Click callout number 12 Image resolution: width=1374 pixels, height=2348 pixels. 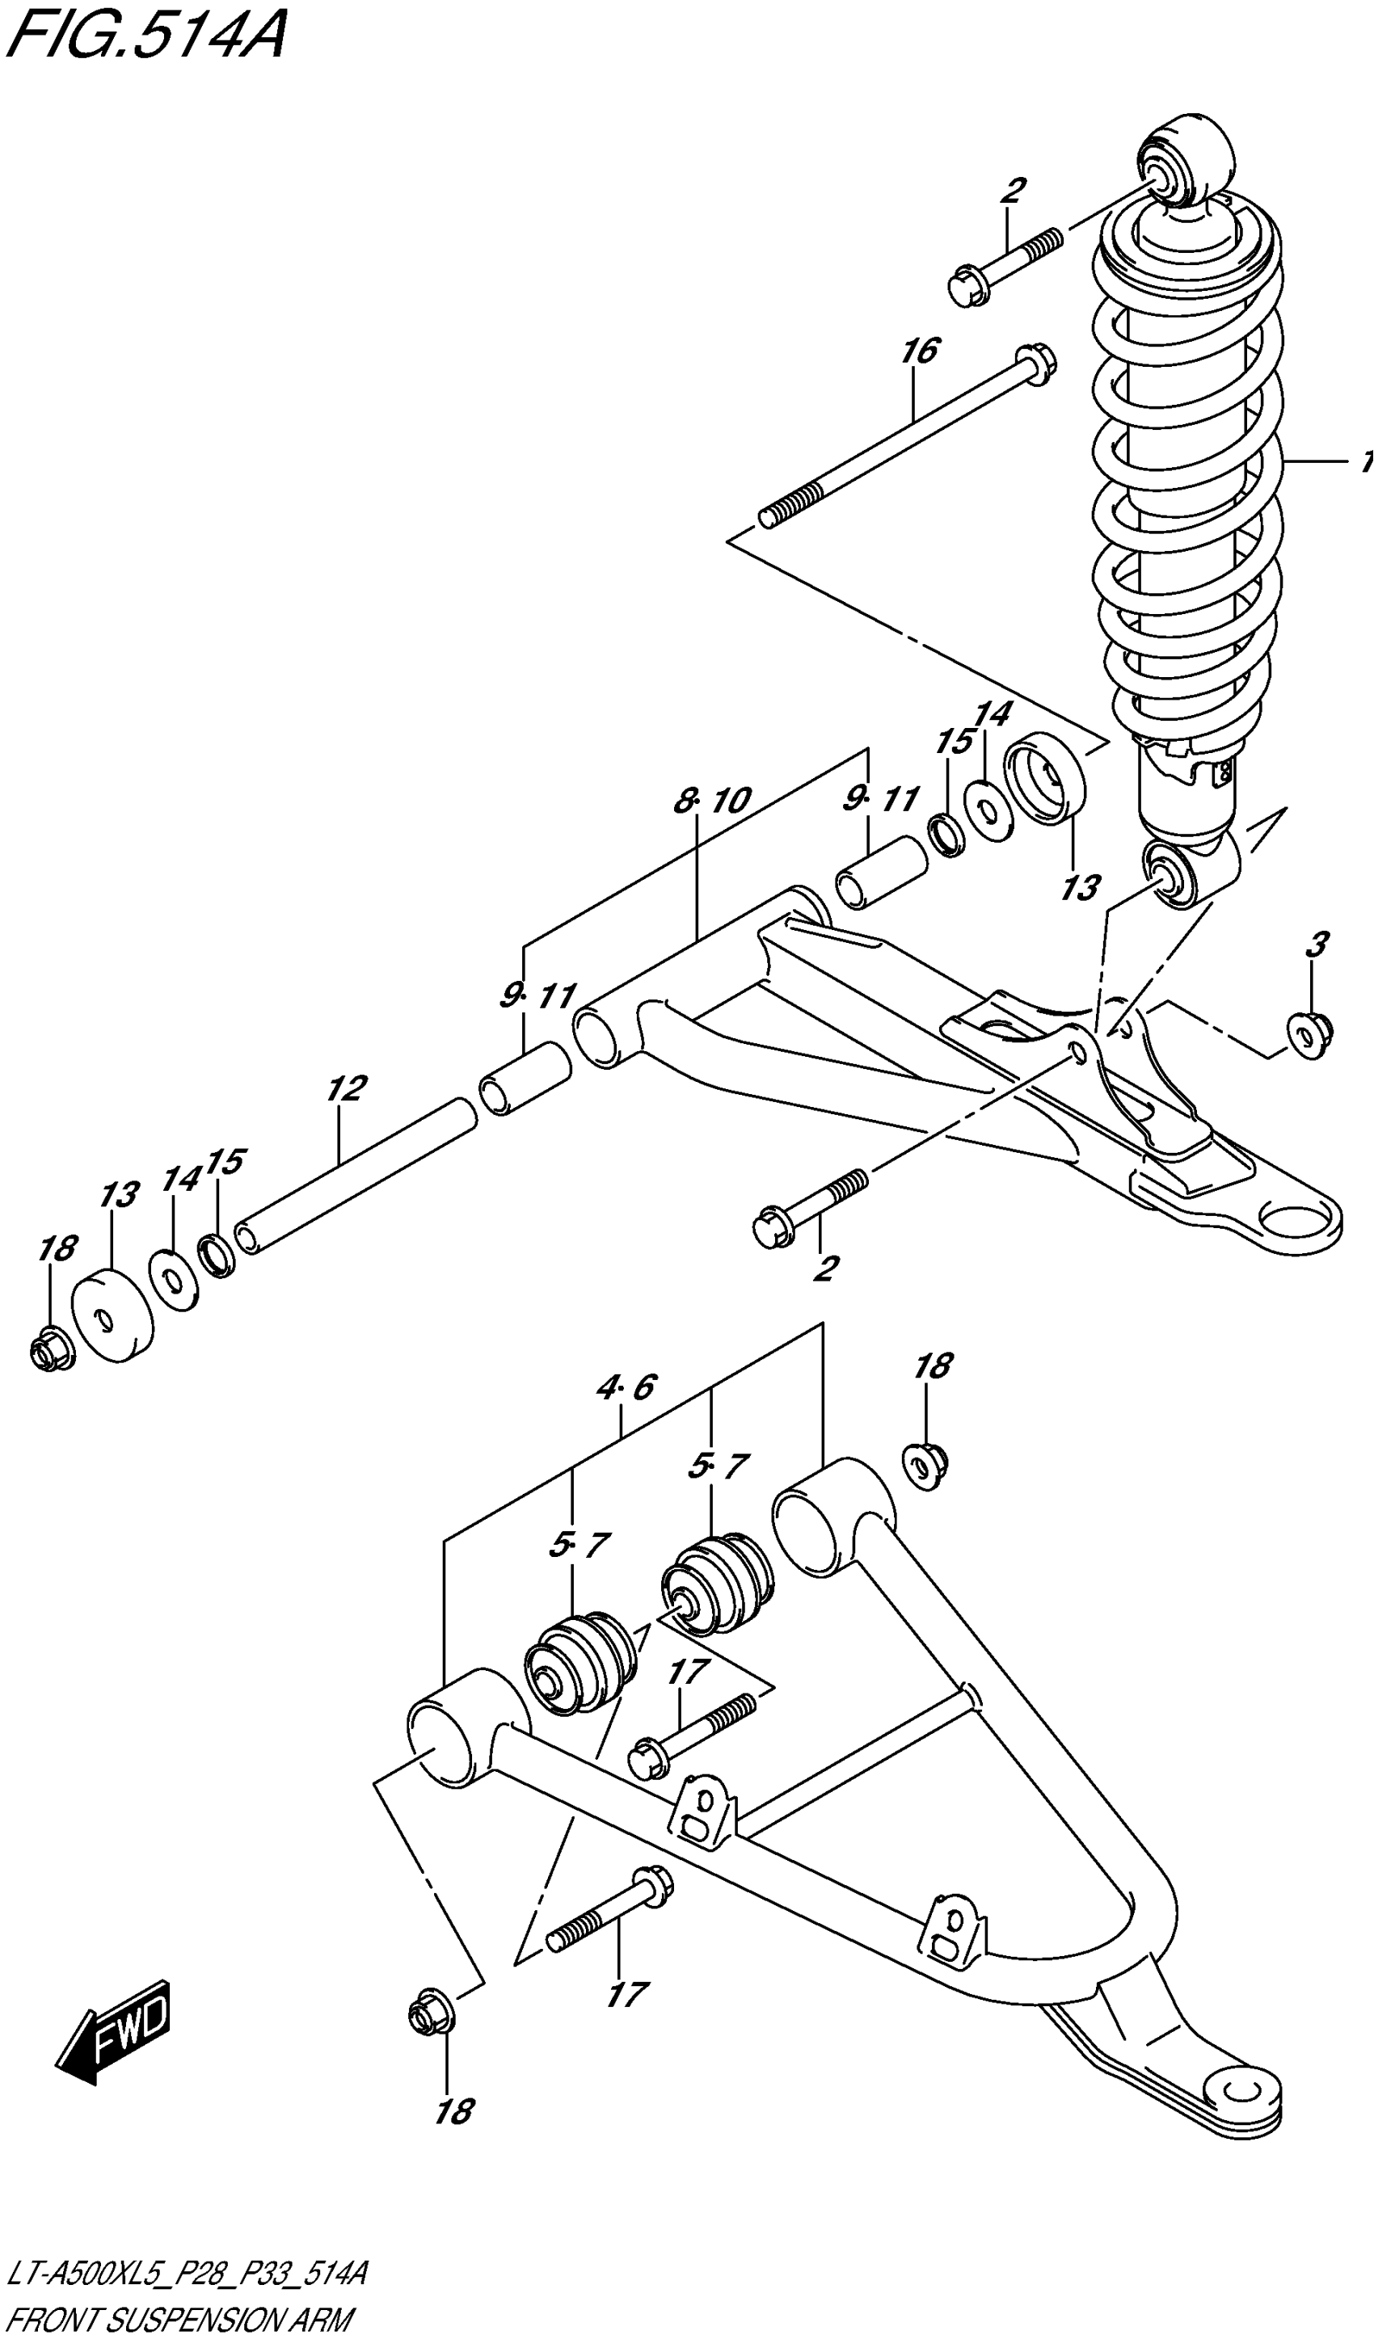pyautogui.click(x=347, y=1088)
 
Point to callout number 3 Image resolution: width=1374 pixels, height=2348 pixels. pyautogui.click(x=1315, y=945)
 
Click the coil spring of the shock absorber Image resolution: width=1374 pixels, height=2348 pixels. pyautogui.click(x=1188, y=485)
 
